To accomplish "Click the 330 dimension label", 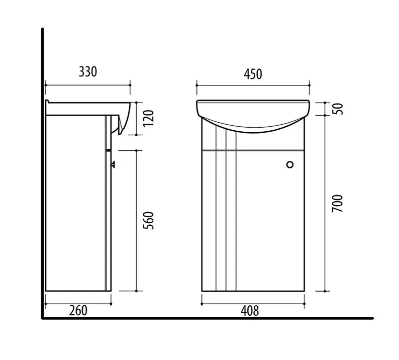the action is click(x=88, y=72).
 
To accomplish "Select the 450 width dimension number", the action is click(x=253, y=74).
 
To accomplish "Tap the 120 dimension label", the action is click(x=149, y=118).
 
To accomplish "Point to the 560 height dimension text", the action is click(x=149, y=221).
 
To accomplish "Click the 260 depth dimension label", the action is click(x=78, y=311).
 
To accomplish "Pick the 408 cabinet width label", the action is click(x=250, y=311).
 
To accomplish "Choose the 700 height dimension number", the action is click(x=337, y=204).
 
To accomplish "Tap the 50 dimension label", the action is click(x=338, y=109).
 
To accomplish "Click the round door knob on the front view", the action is click(x=290, y=165).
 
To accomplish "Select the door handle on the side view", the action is click(x=113, y=164).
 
